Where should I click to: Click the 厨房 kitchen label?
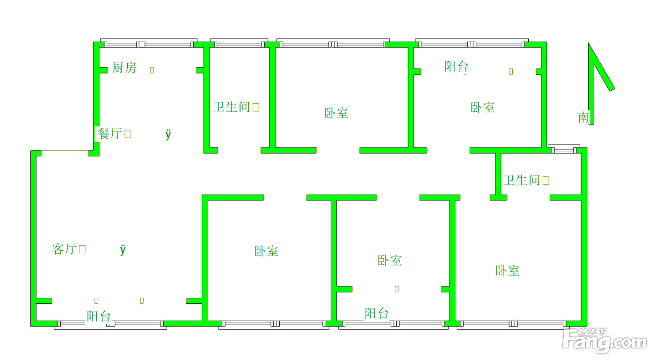[x=124, y=67]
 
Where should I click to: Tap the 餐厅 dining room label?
[x=110, y=133]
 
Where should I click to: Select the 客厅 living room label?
[x=65, y=249]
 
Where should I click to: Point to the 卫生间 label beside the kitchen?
[x=232, y=107]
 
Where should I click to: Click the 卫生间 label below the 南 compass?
[x=522, y=180]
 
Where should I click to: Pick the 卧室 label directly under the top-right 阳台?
[x=483, y=107]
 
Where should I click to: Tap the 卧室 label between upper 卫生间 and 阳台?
[x=336, y=113]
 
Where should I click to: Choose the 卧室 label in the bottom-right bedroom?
[x=507, y=271]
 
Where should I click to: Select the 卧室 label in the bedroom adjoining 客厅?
[x=266, y=251]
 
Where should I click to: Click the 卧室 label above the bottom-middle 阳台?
[x=389, y=260]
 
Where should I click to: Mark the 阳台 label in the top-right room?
[x=457, y=66]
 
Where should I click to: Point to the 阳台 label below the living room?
[x=99, y=316]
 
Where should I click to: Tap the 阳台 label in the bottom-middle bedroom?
[x=377, y=313]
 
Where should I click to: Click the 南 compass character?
[x=583, y=118]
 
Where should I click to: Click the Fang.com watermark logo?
[x=604, y=340]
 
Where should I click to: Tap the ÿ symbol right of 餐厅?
[x=168, y=134]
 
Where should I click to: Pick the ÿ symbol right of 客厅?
[x=123, y=250]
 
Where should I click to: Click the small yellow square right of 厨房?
[x=152, y=70]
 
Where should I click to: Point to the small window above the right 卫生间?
[x=564, y=149]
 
